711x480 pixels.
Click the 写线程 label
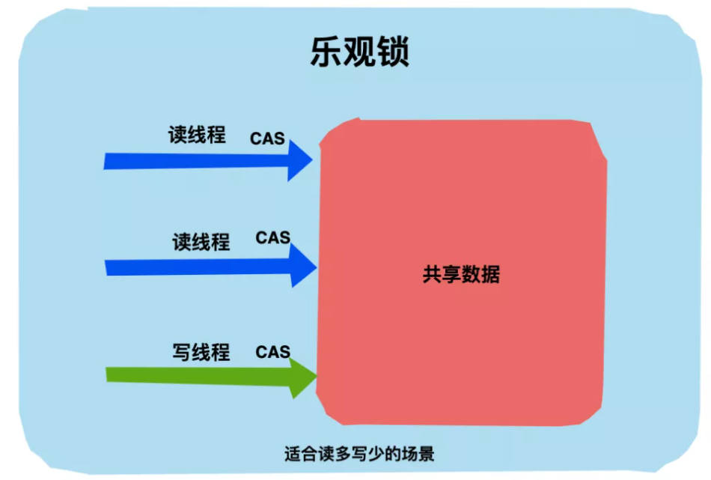[x=201, y=352]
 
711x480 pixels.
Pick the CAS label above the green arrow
[x=272, y=351]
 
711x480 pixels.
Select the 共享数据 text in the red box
[x=461, y=275]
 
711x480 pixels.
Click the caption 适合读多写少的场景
[x=359, y=454]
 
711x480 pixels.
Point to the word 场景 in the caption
[x=419, y=454]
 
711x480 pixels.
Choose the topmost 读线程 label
[x=197, y=135]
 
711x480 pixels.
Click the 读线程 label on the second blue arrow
[x=201, y=242]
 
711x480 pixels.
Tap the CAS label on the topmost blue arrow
[x=267, y=139]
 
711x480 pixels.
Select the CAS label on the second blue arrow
[x=272, y=237]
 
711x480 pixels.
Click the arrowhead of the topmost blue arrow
[x=300, y=160]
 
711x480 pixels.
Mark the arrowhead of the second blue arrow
[x=303, y=266]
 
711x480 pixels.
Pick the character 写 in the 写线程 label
[x=182, y=352]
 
